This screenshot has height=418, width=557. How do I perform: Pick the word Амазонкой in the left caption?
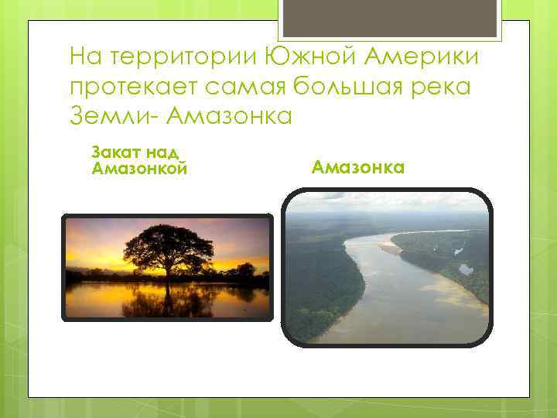(139, 168)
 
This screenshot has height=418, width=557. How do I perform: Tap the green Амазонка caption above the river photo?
(358, 166)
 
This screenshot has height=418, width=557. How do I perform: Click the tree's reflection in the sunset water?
(168, 300)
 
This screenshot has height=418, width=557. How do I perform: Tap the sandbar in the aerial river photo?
(390, 248)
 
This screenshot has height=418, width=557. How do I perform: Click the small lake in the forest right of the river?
(466, 269)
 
